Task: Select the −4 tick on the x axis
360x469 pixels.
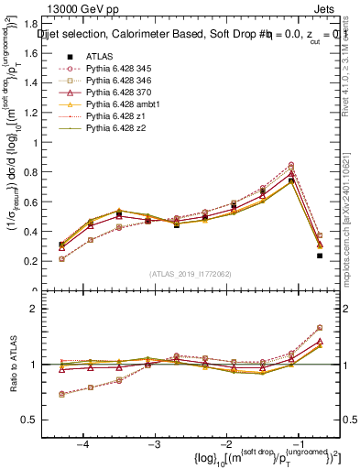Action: click(82, 445)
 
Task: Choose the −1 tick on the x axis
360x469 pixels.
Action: click(298, 445)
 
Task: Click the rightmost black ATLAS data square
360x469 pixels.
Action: click(320, 256)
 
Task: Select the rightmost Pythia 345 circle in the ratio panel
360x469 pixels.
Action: click(320, 327)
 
